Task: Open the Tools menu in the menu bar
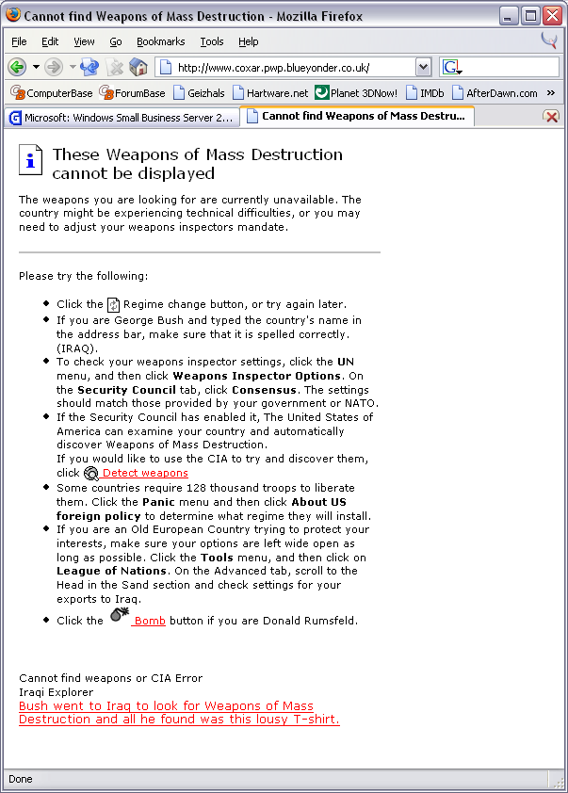coord(212,41)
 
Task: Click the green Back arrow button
coord(16,67)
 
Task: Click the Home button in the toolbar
coord(138,67)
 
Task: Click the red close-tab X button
coord(551,117)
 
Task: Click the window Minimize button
coord(509,16)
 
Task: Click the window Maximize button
coord(529,16)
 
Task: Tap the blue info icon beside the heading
coord(31,160)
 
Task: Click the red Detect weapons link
coord(145,473)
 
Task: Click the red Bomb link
coord(149,621)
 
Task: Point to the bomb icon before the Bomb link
coord(119,616)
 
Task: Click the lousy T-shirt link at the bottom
coord(179,713)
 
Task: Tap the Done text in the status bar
coord(20,779)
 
